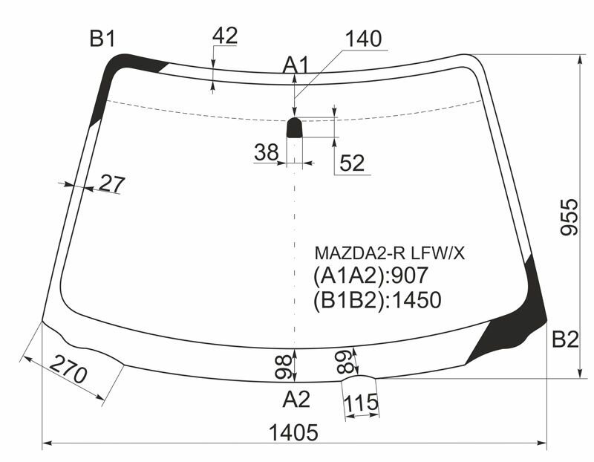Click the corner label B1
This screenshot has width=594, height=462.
pyautogui.click(x=102, y=39)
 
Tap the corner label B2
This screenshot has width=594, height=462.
pyautogui.click(x=565, y=339)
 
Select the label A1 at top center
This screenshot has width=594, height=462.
pyautogui.click(x=296, y=65)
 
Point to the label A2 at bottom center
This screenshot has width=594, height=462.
pyautogui.click(x=296, y=399)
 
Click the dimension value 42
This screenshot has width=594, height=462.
pyautogui.click(x=225, y=36)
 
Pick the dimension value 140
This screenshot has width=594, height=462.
pyautogui.click(x=364, y=39)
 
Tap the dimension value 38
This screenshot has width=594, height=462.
pyautogui.click(x=267, y=152)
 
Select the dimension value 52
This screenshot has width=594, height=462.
pyautogui.click(x=352, y=163)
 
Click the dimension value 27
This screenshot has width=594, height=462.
pyautogui.click(x=112, y=183)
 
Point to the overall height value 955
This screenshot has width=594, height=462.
pyautogui.click(x=569, y=217)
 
